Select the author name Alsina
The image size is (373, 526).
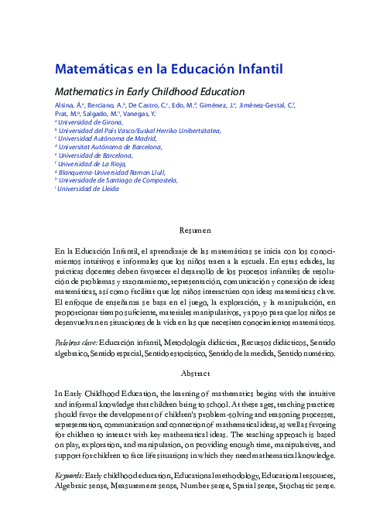[x=65, y=104]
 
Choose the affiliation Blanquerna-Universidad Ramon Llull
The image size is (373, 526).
[x=112, y=172]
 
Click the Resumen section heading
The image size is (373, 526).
[x=195, y=231]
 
